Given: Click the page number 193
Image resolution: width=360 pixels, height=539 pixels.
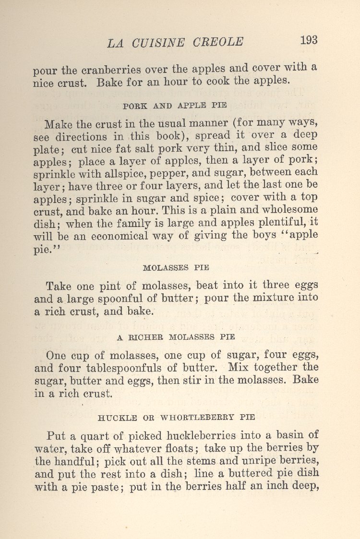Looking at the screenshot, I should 309,40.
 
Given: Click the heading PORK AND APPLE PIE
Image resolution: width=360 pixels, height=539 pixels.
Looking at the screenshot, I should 175,105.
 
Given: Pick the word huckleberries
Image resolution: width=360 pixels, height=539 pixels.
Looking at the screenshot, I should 201,436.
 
